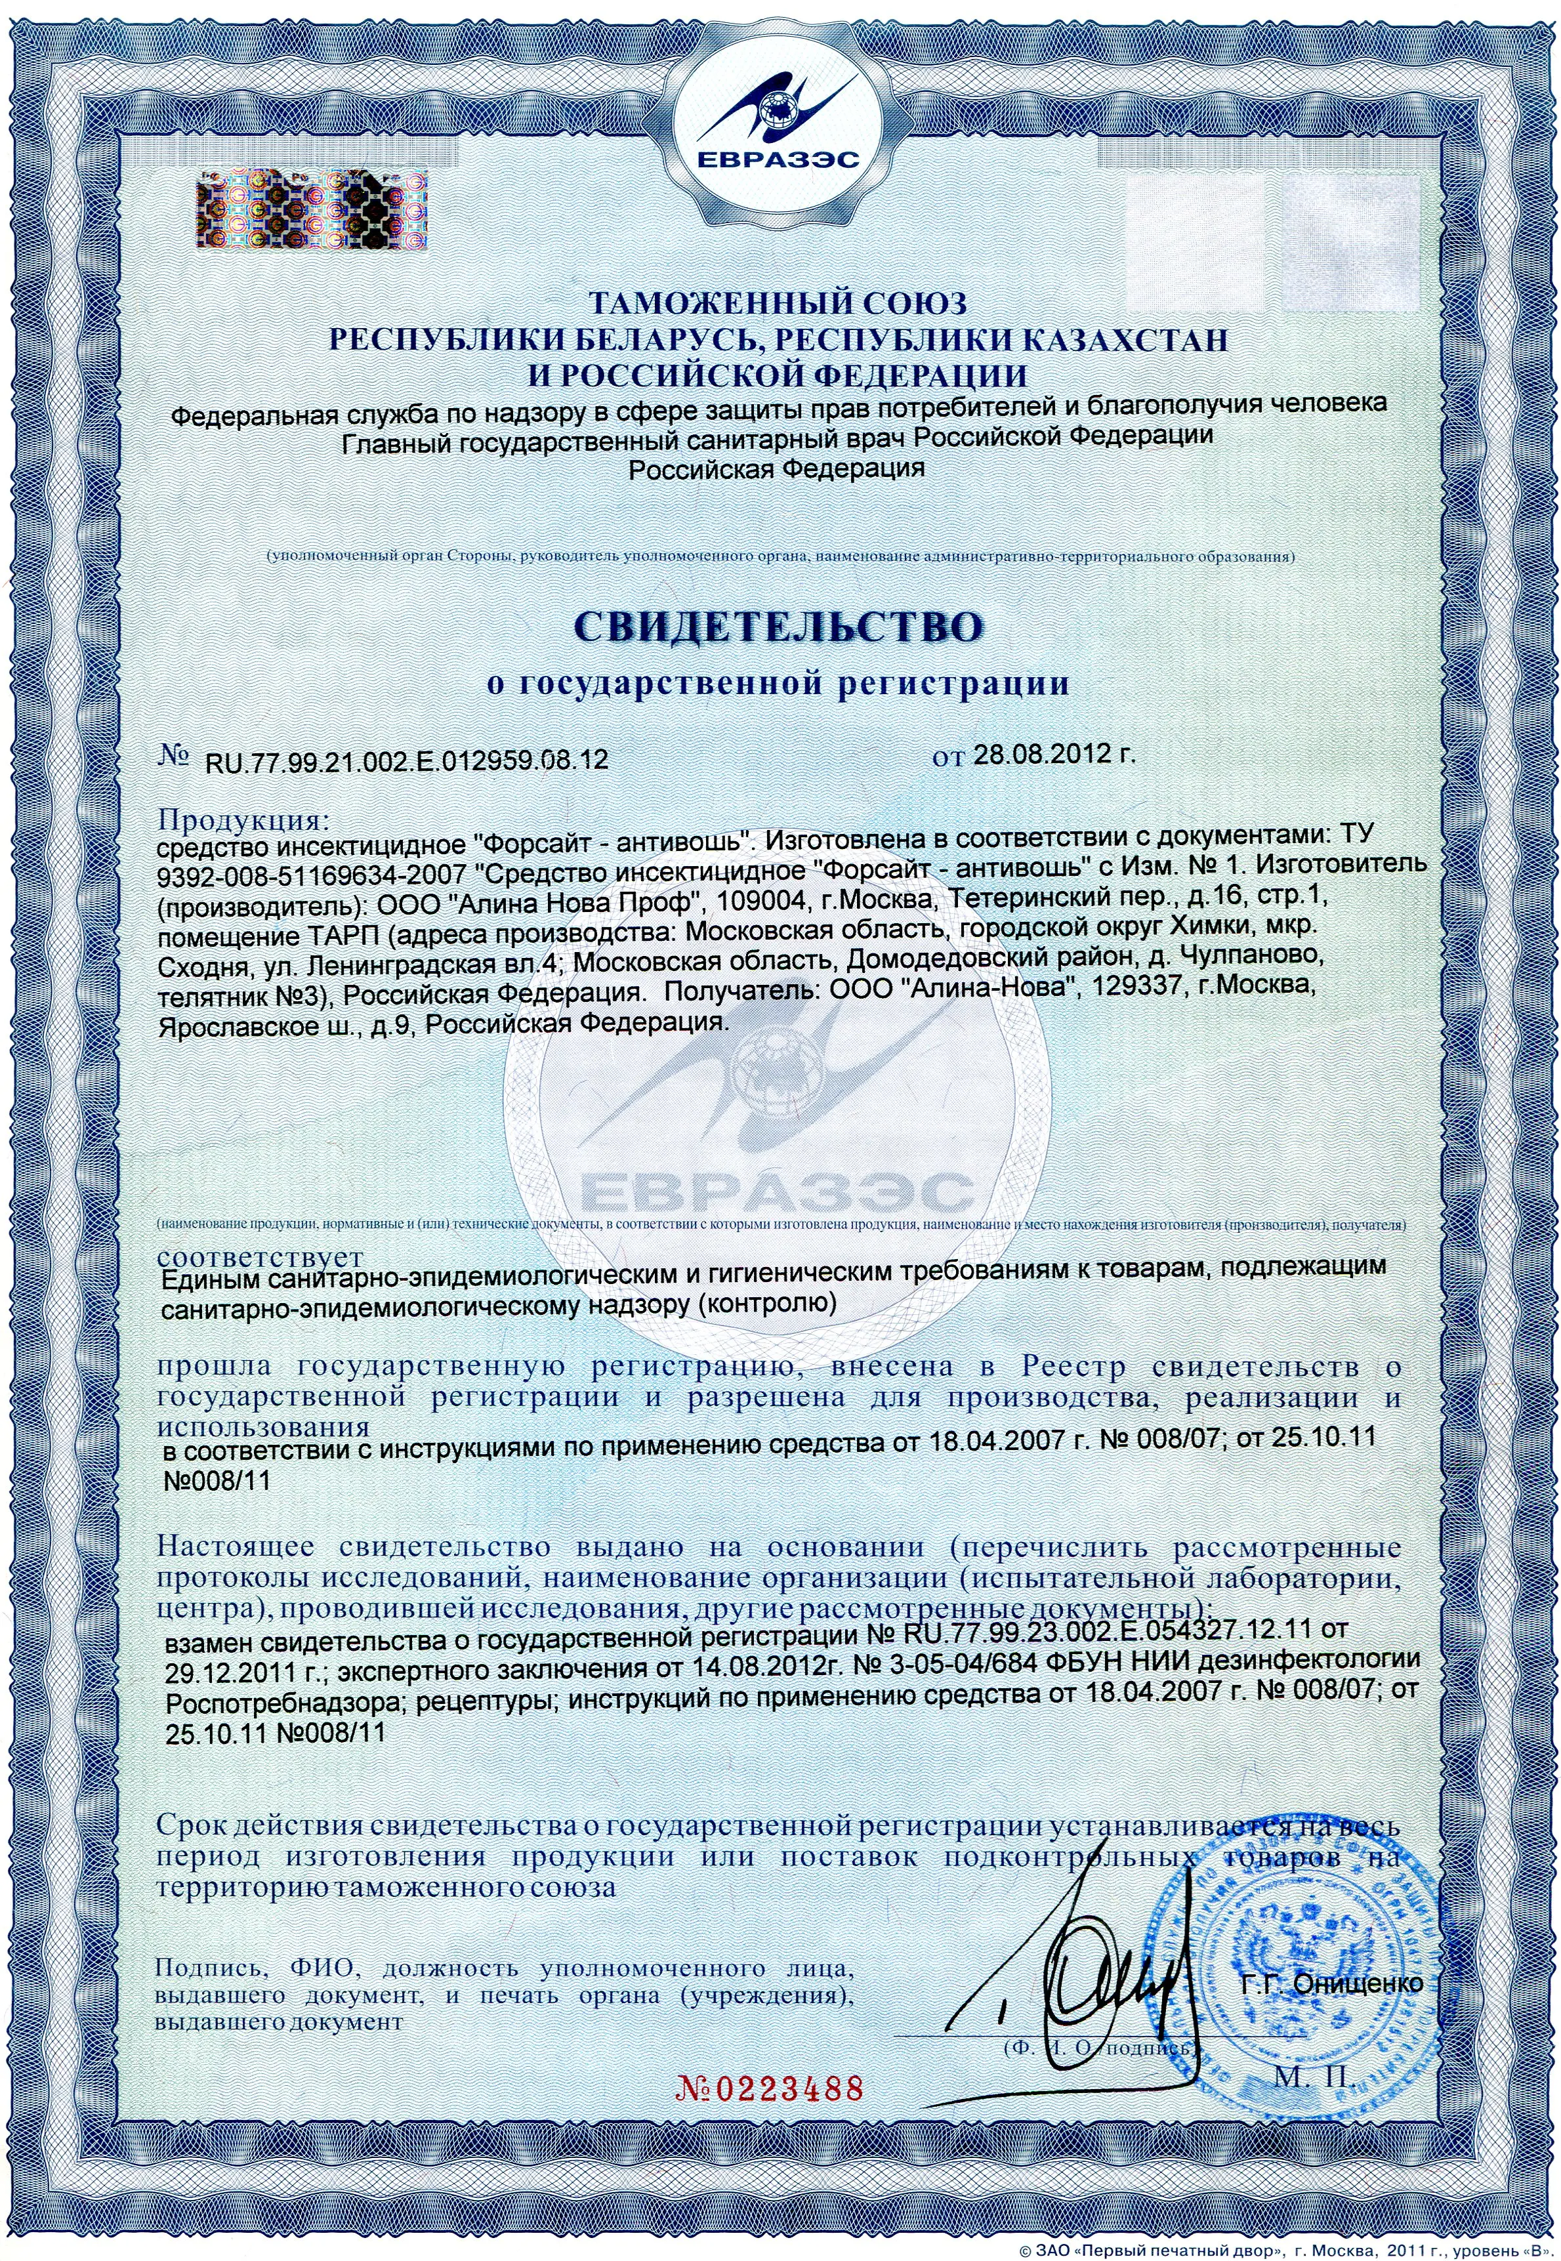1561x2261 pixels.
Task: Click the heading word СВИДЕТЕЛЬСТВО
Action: [x=779, y=627]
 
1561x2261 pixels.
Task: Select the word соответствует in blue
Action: [x=259, y=1255]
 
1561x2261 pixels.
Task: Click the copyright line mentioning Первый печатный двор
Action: [x=1281, y=2249]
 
